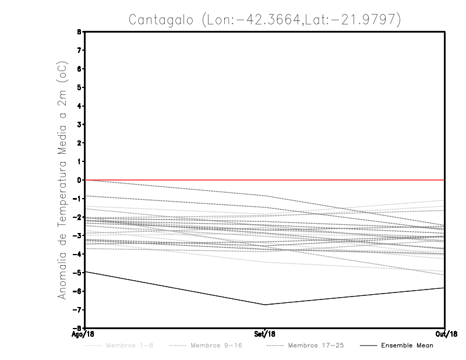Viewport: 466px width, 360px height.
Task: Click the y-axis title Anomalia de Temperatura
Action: pos(62,225)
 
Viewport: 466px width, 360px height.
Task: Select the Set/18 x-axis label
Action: pos(264,334)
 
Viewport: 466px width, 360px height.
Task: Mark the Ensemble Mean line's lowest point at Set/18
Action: pos(265,305)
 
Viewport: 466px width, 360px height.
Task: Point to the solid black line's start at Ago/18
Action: pos(86,271)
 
